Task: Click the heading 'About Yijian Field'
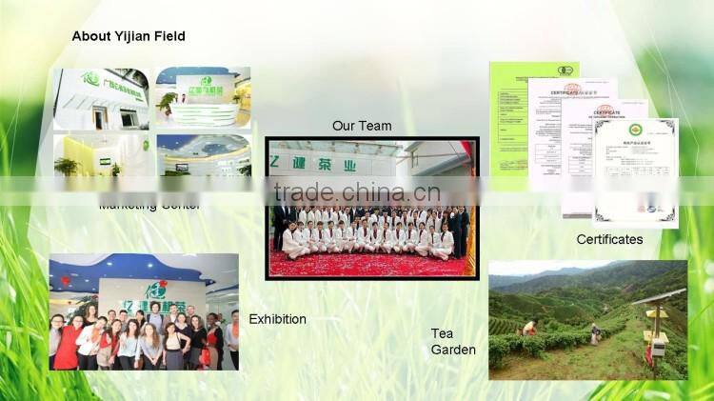click(x=129, y=36)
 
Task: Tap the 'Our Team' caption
click(x=362, y=126)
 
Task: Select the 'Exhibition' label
click(x=277, y=319)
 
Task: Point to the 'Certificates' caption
click(x=609, y=239)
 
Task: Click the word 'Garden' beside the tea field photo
click(x=453, y=350)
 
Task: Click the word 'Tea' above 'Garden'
click(x=443, y=332)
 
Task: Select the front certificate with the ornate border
click(x=636, y=171)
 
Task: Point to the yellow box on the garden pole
click(x=658, y=349)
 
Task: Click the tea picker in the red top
click(x=530, y=328)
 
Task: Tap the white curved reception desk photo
click(x=203, y=97)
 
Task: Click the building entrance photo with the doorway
click(x=100, y=97)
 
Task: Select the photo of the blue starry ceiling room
click(x=203, y=152)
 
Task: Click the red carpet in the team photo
click(x=371, y=264)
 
